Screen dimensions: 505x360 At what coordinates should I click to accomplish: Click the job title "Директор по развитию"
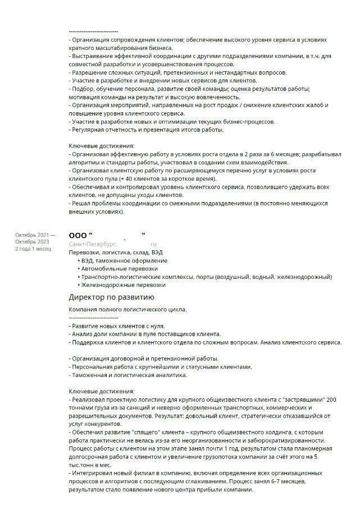coord(111,297)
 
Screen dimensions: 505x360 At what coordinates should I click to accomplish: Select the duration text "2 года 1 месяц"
coord(33,248)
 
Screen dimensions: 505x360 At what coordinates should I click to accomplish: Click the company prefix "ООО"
coord(78,235)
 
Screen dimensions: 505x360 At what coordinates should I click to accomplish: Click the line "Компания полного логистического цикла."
coord(127,309)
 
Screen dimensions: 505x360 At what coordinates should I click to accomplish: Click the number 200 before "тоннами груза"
coord(331,399)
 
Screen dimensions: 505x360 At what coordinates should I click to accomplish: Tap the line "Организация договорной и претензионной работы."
coord(144,359)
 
